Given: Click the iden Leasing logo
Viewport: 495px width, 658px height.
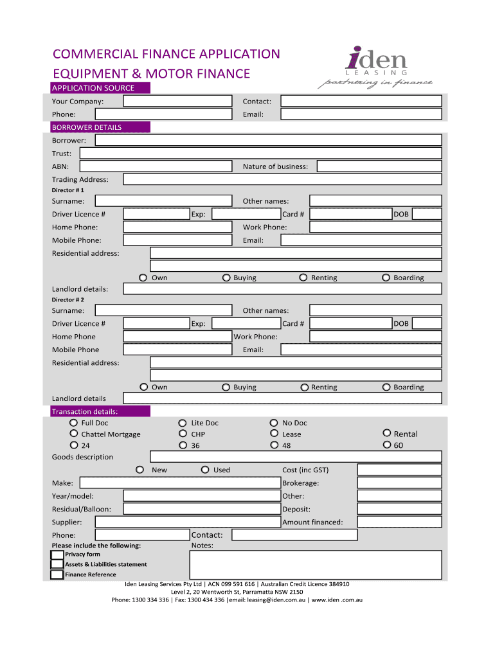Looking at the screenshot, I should tap(375, 67).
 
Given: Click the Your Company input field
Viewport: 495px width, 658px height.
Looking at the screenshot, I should tap(177, 101).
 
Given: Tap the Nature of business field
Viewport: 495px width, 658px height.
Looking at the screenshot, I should tap(379, 166).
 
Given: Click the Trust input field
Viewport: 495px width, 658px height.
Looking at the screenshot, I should tap(260, 154).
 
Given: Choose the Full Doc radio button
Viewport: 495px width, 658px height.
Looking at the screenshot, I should tap(73, 423).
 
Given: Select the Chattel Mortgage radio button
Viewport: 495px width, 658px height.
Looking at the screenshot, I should tap(73, 434).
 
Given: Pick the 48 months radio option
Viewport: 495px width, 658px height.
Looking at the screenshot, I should tap(274, 445).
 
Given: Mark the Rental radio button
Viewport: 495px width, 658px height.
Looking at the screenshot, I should tap(386, 434).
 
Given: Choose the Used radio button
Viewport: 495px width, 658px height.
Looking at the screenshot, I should tap(206, 470).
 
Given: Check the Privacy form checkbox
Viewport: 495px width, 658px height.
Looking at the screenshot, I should tap(58, 555).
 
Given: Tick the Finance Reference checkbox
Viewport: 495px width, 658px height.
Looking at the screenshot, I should tap(58, 574).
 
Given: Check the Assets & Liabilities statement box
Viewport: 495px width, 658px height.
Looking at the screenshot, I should tap(58, 564).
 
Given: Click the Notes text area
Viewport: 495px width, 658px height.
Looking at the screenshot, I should tap(316, 565).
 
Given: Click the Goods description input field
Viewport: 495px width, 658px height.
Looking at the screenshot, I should tap(296, 457).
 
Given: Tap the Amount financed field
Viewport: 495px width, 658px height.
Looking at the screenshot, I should tap(399, 522).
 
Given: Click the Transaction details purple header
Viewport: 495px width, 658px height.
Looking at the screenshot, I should tap(100, 411).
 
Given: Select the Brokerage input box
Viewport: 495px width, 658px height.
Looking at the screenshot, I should tap(399, 483).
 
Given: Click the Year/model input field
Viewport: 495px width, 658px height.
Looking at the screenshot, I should tap(201, 496).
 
